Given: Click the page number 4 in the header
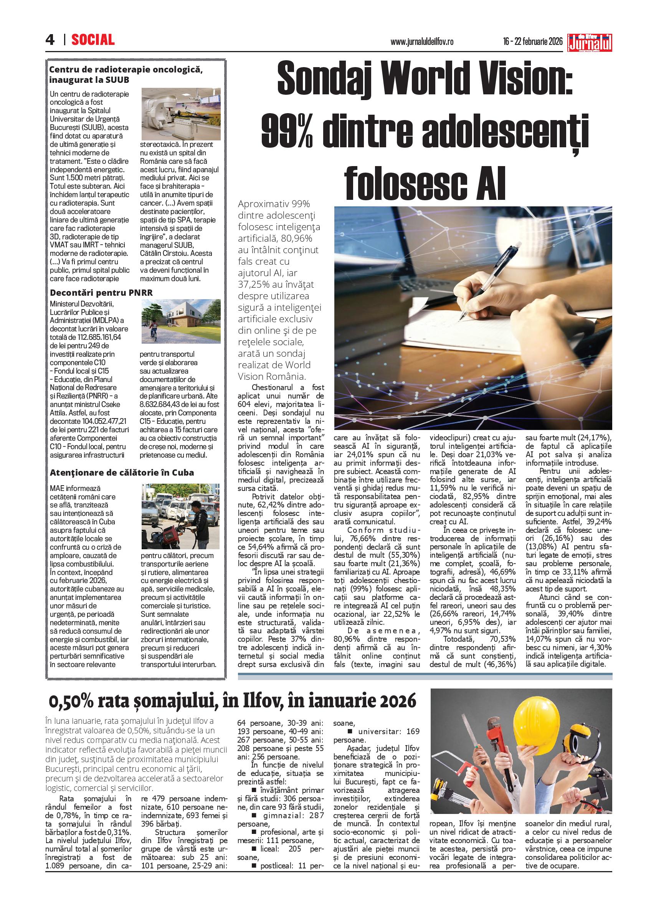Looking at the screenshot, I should [50, 40].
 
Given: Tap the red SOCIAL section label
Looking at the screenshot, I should [93, 40].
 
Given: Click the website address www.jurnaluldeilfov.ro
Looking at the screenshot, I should [422, 41].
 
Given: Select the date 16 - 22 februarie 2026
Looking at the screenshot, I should [533, 41].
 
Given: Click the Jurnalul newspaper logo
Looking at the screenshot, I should [590, 42].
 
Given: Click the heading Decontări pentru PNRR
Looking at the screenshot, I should [101, 293].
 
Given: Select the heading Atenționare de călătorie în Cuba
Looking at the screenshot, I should [122, 473].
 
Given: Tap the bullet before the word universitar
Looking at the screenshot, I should [350, 731].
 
